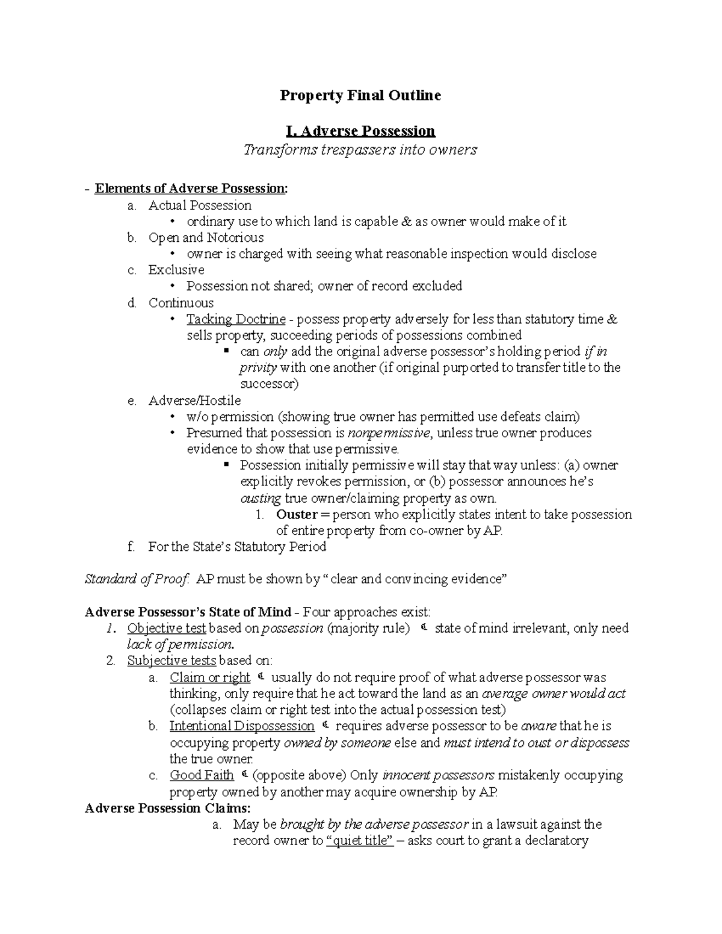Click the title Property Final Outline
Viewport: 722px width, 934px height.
point(360,96)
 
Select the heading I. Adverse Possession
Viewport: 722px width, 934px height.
point(360,131)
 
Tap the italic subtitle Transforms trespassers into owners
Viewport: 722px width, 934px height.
point(360,150)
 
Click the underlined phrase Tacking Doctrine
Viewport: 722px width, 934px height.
point(236,319)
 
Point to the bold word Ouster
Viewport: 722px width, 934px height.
point(297,515)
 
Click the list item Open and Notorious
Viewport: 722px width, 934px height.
point(206,238)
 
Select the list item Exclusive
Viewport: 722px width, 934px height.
point(176,270)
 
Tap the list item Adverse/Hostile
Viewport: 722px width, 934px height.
point(194,401)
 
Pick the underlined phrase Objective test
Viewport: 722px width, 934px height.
point(167,628)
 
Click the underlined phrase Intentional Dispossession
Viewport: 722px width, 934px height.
point(242,727)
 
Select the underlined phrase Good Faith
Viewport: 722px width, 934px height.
point(202,775)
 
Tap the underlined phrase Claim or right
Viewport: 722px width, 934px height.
point(209,678)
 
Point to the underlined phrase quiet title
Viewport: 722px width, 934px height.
point(360,841)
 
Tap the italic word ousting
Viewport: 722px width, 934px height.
point(261,499)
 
